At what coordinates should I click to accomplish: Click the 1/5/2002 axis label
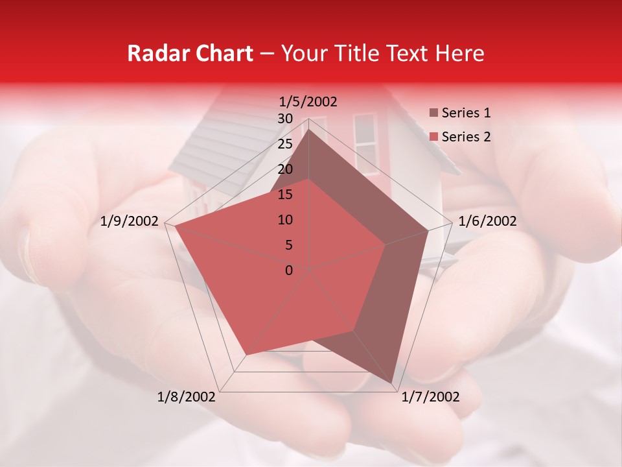coord(308,101)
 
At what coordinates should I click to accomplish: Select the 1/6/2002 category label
coord(487,221)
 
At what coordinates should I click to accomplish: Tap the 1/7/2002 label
coord(430,396)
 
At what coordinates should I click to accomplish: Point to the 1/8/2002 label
coord(187,396)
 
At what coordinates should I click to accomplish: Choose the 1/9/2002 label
coord(130,221)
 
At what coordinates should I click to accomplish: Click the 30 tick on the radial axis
coord(285,119)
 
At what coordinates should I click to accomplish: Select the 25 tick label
coord(285,144)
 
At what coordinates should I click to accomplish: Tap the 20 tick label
coord(285,169)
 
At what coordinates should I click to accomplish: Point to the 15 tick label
coord(285,195)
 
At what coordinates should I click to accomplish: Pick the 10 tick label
coord(285,220)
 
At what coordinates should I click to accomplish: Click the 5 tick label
coord(288,245)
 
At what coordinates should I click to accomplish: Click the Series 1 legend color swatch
coord(433,114)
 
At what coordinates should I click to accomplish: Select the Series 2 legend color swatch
coord(433,137)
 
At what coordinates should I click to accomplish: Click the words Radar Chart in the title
coord(189,53)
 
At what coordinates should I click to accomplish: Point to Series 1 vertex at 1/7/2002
coord(393,383)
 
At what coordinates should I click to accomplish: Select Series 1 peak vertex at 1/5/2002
coord(308,129)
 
